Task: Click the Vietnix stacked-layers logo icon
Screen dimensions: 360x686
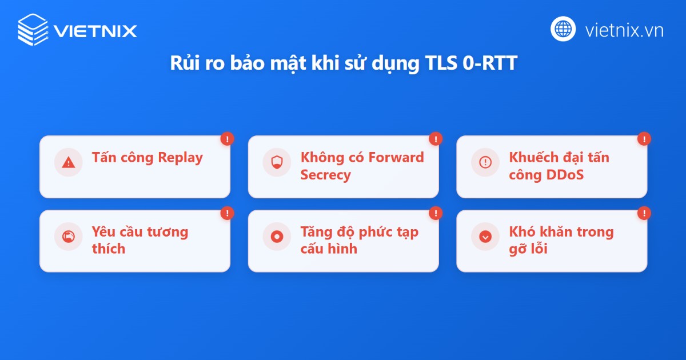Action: click(x=33, y=29)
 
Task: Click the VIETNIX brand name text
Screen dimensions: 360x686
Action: click(x=95, y=30)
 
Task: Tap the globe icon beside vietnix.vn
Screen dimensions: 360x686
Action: click(x=563, y=29)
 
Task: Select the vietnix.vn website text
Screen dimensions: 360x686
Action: click(x=624, y=30)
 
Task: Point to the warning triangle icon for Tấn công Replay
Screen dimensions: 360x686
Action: click(x=69, y=162)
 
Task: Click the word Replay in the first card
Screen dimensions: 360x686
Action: click(x=180, y=158)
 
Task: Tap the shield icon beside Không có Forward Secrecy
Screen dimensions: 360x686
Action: click(x=277, y=162)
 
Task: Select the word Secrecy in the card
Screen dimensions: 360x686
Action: click(x=325, y=175)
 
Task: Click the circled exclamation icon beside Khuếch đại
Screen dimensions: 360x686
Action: click(x=485, y=162)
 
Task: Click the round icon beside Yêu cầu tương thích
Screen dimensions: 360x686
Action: click(x=69, y=236)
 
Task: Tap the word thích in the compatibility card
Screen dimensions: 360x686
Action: click(x=109, y=249)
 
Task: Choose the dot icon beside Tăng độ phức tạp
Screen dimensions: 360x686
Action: click(x=277, y=236)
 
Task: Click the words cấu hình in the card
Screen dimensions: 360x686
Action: click(x=329, y=249)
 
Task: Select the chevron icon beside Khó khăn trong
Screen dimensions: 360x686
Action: click(x=485, y=236)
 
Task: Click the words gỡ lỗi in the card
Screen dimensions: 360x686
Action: click(x=528, y=249)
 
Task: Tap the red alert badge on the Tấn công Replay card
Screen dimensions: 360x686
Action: click(x=228, y=139)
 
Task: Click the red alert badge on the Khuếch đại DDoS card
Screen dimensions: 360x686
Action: click(x=644, y=139)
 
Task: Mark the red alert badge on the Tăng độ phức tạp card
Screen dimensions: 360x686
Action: click(x=436, y=213)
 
